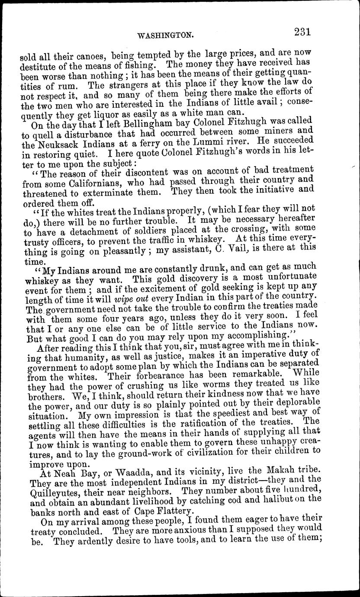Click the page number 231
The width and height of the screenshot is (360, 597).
coord(303,32)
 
